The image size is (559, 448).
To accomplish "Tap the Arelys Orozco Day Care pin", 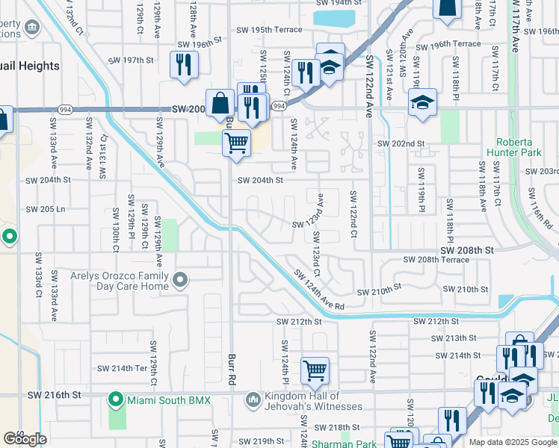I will (180, 281).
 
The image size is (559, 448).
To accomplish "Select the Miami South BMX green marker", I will (115, 400).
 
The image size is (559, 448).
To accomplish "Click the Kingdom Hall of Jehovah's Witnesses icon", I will (253, 401).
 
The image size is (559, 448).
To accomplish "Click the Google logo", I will (25, 439).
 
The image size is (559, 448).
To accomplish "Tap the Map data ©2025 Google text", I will (513, 442).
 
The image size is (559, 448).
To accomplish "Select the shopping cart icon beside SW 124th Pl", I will (315, 370).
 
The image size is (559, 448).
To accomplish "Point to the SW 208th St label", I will (467, 250).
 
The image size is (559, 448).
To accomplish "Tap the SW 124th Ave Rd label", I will (318, 290).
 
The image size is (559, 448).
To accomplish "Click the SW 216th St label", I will (54, 394).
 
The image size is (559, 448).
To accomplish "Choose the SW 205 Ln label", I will (46, 210).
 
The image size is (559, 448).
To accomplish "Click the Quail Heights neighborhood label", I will (30, 66).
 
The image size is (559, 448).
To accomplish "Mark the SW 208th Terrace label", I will (436, 260).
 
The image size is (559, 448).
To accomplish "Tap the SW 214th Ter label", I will (123, 369).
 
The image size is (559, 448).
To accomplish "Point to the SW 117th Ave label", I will (515, 26).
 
